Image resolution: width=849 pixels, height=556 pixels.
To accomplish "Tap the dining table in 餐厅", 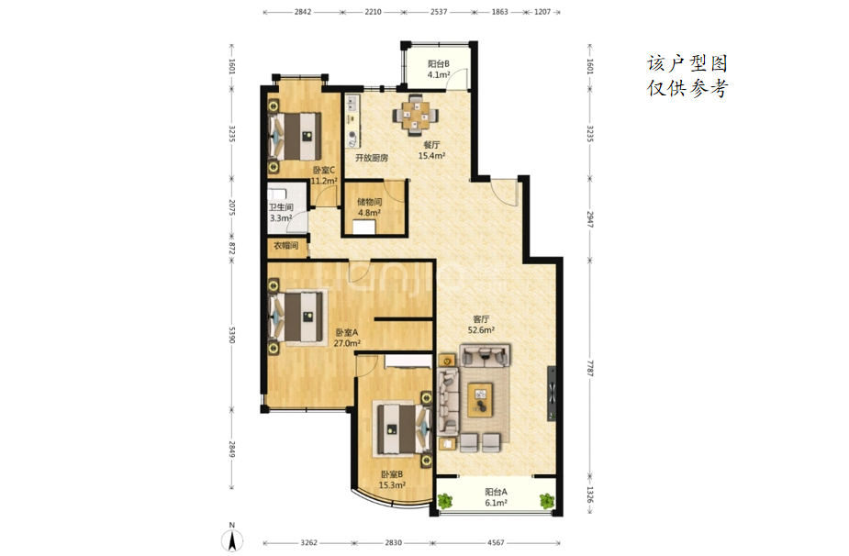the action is (416, 115).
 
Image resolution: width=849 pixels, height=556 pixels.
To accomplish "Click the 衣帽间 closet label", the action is (285, 246).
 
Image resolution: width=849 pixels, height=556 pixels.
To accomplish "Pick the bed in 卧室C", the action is (296, 136).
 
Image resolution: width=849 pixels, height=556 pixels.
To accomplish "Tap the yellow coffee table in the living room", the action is (480, 400).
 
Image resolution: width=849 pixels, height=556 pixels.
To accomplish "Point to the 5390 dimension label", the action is (232, 334).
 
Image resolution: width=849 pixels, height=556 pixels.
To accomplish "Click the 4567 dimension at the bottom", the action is (496, 542).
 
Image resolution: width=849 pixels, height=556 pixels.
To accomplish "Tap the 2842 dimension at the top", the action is (303, 12).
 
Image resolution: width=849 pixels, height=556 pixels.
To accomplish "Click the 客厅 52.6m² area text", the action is (481, 325).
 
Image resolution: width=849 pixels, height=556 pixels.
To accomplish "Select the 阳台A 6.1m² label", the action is (496, 497).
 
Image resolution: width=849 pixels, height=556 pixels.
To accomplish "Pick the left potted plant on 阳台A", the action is (446, 501).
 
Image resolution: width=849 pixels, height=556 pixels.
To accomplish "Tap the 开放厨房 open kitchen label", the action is (372, 158).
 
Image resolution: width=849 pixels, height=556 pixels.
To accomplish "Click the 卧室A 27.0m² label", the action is (347, 338).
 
